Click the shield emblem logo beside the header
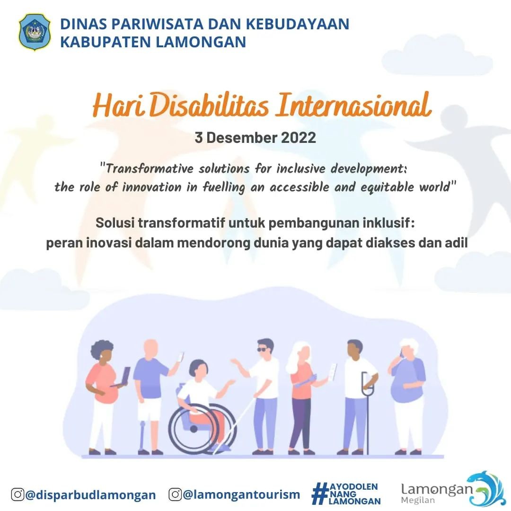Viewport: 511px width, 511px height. pos(35,32)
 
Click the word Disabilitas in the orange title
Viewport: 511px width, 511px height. pos(209,106)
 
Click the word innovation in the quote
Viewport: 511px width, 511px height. pos(151,187)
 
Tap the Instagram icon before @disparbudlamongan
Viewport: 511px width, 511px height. pos(18,494)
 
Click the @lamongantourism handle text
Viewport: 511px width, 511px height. pos(241,494)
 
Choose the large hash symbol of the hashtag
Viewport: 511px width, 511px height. pos(320,493)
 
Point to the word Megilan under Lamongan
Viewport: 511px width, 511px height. pos(418,500)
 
